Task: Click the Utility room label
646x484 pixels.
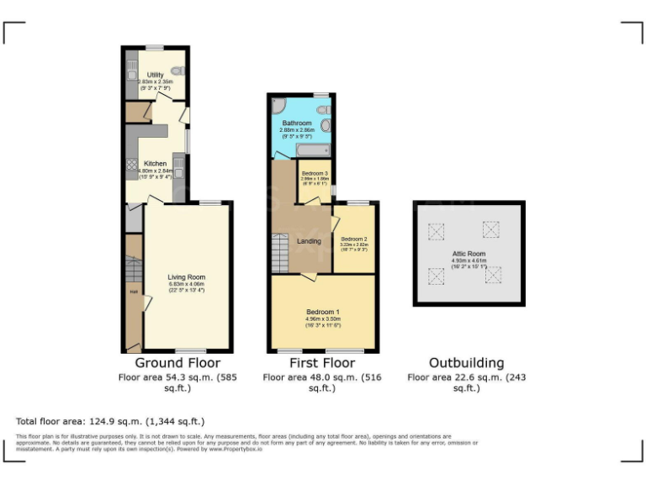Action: (x=155, y=75)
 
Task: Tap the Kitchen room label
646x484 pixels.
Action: (x=155, y=163)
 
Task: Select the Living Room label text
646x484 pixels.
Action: (x=186, y=276)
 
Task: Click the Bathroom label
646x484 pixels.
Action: (x=297, y=124)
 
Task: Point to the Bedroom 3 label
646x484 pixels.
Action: (x=315, y=173)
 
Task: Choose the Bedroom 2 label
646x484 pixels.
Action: (x=354, y=239)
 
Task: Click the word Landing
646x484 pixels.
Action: (x=309, y=242)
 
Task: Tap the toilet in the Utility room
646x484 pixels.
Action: (x=176, y=70)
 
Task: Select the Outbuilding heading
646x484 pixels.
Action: (x=467, y=363)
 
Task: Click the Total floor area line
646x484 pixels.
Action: (x=110, y=421)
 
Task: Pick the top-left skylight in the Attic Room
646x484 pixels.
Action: (x=436, y=230)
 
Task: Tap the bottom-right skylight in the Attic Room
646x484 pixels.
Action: (x=494, y=275)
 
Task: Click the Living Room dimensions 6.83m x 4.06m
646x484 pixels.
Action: (x=186, y=284)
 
